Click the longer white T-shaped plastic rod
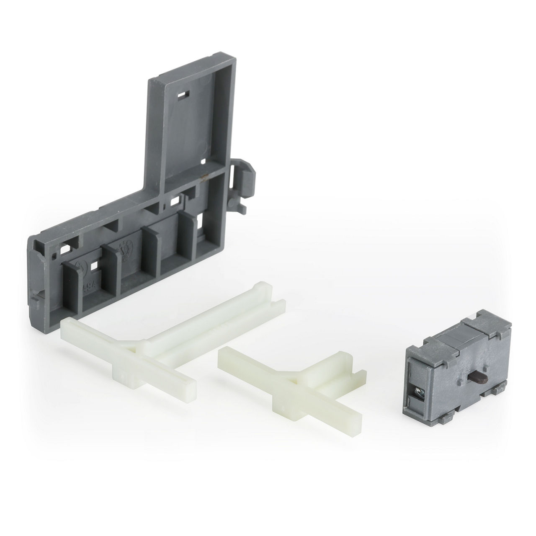coord(167,335)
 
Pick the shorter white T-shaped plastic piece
coord(293,377)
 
